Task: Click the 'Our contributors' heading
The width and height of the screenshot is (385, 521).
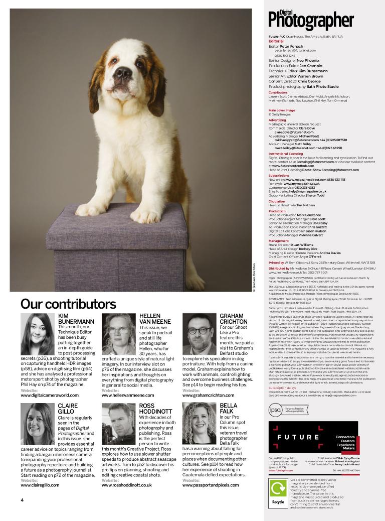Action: pos(68,304)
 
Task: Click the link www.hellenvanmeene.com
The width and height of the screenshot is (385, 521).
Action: pos(128,396)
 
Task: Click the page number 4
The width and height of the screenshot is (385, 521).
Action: pos(22,500)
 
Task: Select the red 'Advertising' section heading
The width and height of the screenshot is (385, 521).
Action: pos(277,120)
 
